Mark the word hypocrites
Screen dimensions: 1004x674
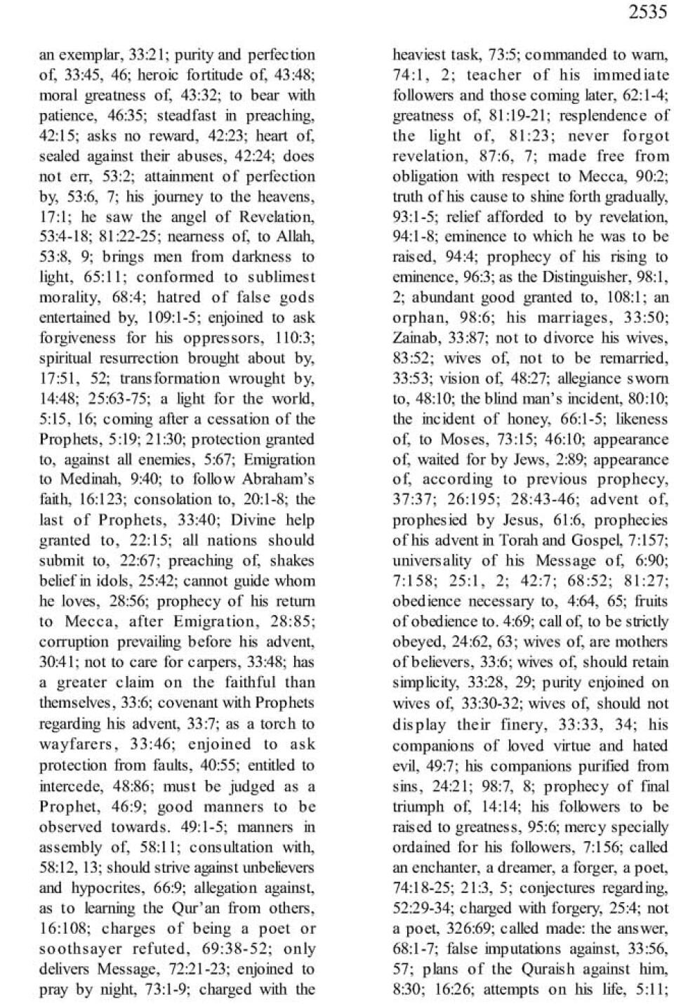[95, 888]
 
